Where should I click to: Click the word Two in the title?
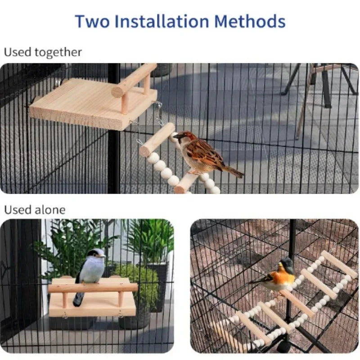click(x=92, y=21)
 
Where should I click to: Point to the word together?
click(x=58, y=53)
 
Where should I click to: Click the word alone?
click(x=50, y=210)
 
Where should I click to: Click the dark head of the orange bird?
click(x=286, y=264)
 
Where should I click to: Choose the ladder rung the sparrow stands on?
click(x=187, y=183)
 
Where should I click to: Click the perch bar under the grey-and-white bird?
click(x=93, y=288)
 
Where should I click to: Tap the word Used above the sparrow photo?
click(x=18, y=52)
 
